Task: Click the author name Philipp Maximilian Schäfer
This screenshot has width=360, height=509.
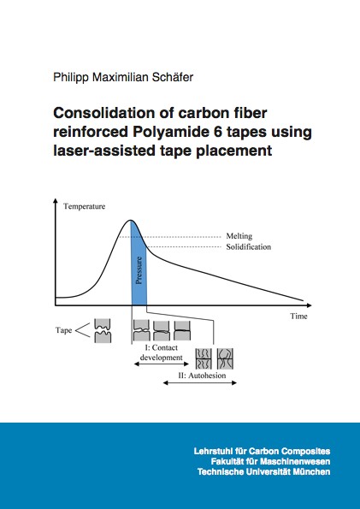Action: click(123, 78)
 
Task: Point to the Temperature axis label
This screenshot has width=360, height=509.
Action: click(85, 206)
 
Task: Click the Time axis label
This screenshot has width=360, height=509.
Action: click(299, 316)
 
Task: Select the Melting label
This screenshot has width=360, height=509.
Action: click(239, 236)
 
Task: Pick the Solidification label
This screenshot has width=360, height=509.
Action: click(249, 247)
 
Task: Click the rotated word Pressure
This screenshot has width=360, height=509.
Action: click(139, 270)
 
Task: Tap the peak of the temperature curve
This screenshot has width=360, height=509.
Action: click(131, 220)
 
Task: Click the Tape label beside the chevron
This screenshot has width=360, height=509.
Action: click(63, 330)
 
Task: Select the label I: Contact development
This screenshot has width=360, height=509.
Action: click(161, 352)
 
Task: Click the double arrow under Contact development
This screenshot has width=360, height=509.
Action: click(162, 364)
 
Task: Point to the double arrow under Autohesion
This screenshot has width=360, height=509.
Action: click(199, 383)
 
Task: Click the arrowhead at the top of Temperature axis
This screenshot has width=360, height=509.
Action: click(56, 200)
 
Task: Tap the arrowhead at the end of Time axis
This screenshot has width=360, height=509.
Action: click(309, 305)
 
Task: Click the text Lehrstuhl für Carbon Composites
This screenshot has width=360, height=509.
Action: click(262, 451)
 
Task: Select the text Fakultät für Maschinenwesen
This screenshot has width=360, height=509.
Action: click(270, 461)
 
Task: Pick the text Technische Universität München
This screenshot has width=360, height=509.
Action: click(263, 471)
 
